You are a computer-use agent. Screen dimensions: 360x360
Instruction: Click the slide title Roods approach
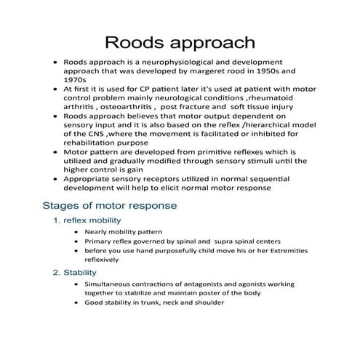pyautogui.click(x=180, y=41)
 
